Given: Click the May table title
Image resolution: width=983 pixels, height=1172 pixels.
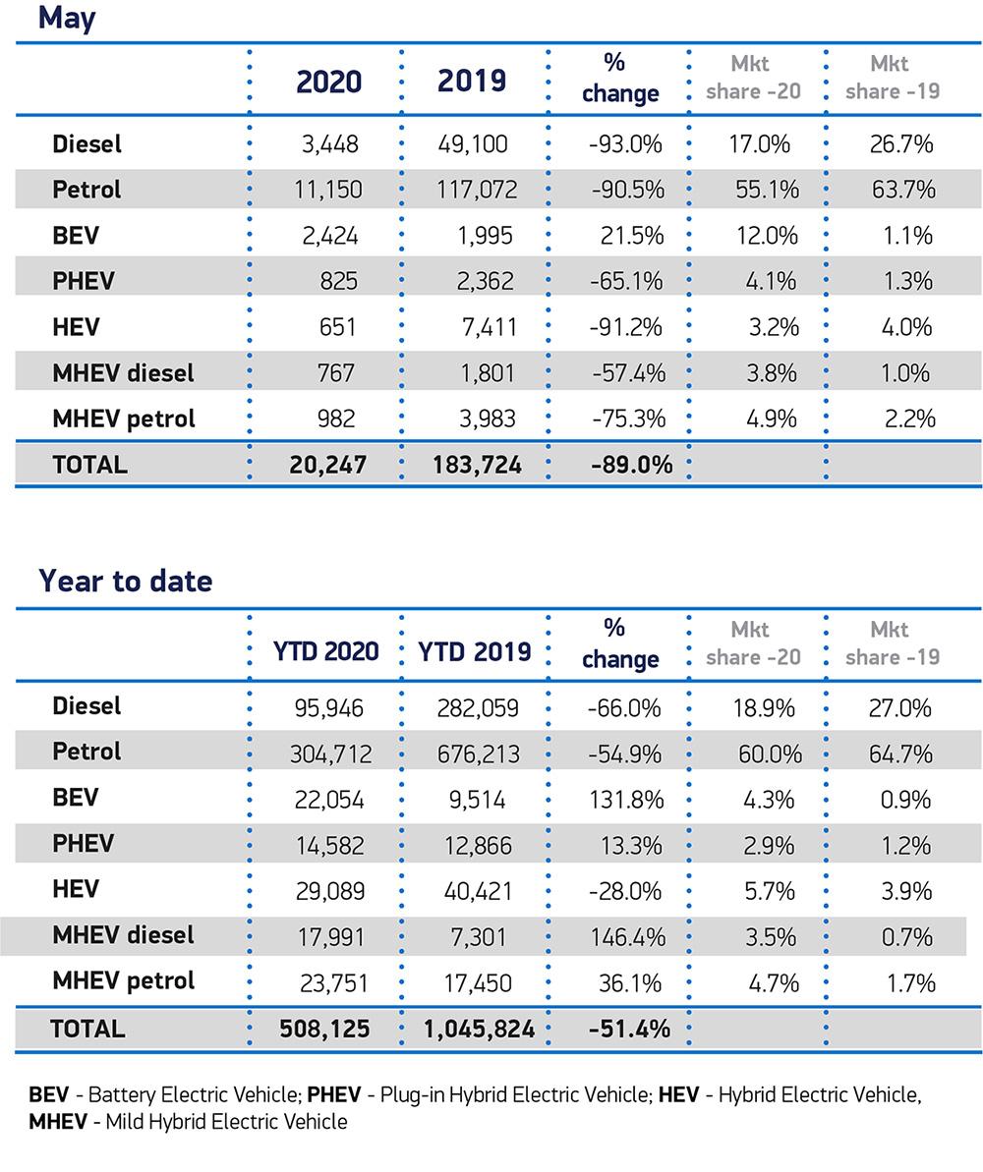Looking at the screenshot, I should (67, 18).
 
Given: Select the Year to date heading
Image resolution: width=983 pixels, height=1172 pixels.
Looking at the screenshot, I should (125, 581).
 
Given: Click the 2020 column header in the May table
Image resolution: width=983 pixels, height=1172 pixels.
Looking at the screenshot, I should (328, 82).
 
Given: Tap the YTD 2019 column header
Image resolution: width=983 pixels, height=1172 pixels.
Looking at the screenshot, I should (475, 651).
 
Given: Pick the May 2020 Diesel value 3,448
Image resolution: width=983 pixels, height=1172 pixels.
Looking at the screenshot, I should (329, 144).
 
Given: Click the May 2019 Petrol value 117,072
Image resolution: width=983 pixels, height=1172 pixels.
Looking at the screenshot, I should (477, 190).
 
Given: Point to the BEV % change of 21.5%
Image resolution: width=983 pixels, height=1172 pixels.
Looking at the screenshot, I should (631, 236).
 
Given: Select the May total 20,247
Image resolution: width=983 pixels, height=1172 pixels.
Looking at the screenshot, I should (328, 465).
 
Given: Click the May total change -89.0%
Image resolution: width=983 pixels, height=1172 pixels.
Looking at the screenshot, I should (631, 465).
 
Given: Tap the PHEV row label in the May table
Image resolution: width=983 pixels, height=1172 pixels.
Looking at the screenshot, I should (84, 281).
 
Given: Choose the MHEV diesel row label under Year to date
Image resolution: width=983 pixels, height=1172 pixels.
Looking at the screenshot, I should (123, 935).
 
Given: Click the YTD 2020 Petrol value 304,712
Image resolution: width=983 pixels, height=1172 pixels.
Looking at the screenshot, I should (330, 754).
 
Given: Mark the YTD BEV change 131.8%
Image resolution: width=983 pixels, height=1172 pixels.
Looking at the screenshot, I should (629, 800).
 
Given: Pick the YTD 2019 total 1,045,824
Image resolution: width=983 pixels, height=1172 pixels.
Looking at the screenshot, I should (479, 1030).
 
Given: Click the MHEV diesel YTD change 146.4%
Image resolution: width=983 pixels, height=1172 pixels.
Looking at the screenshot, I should (626, 937).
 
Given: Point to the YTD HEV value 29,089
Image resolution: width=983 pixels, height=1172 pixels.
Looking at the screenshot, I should (328, 891).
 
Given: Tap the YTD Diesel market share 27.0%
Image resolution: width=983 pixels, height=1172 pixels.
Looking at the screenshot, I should (899, 708).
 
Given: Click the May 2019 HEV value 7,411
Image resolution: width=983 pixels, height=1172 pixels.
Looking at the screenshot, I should (489, 327).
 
